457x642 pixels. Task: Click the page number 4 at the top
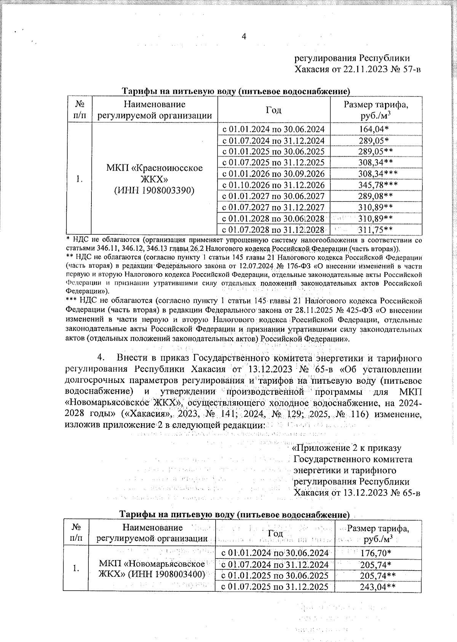click(244, 37)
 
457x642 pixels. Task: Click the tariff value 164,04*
click(376, 129)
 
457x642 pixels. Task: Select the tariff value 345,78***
click(376, 185)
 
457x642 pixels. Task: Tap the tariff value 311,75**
click(376, 229)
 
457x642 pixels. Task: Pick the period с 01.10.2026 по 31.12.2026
click(273, 185)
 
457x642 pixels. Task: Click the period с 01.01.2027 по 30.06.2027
click(273, 196)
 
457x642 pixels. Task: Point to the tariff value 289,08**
click(376, 196)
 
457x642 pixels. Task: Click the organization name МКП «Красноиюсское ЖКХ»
click(154, 173)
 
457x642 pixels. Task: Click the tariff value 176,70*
click(376, 553)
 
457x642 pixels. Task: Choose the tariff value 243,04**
click(376, 587)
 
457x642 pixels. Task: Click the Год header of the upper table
click(273, 110)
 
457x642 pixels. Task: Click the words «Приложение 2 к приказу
click(347, 448)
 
